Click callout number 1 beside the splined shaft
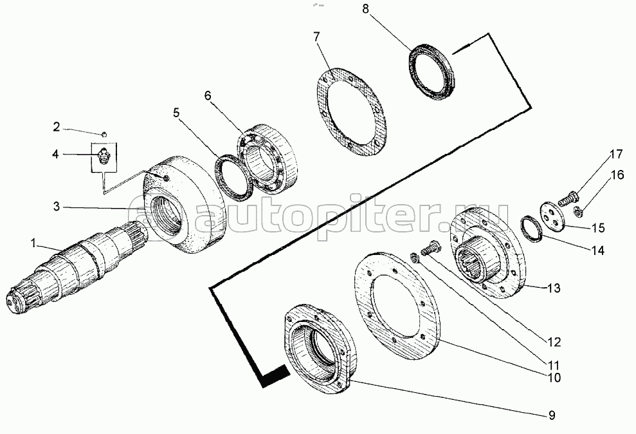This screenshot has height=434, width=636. (x=34, y=243)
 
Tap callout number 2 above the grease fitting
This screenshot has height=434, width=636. (x=56, y=127)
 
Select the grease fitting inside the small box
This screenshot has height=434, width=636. (x=104, y=156)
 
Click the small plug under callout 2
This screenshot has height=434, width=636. (x=104, y=133)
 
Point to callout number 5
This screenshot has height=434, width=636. (x=176, y=113)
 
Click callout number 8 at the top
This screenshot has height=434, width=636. (x=365, y=9)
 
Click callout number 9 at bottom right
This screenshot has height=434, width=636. (x=551, y=415)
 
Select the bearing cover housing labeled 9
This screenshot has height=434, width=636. (x=318, y=349)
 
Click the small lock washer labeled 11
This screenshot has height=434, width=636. (x=415, y=258)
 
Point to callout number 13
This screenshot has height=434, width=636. (x=554, y=288)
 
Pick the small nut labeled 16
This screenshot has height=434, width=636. (x=579, y=211)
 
